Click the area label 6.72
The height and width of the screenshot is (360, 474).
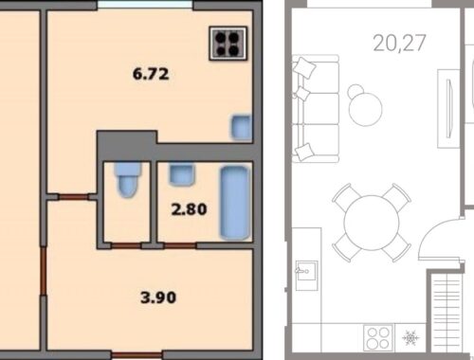(x=151, y=75)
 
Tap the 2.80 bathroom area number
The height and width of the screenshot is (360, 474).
(x=189, y=209)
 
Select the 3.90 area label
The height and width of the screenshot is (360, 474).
(x=158, y=297)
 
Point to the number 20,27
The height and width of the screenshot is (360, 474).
(x=399, y=43)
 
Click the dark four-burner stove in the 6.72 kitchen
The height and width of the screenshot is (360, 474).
(x=228, y=44)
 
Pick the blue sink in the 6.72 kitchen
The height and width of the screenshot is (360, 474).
(x=242, y=127)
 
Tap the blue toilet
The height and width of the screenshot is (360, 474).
(x=128, y=180)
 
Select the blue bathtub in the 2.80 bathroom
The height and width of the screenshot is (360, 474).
(x=235, y=203)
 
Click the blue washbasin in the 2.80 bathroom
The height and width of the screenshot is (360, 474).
(x=181, y=174)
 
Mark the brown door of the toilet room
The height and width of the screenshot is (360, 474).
(x=126, y=245)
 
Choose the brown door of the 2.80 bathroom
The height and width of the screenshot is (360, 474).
(x=180, y=245)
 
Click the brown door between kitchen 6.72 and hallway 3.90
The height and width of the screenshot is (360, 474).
(x=73, y=197)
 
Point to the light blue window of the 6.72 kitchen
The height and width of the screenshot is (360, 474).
(x=145, y=5)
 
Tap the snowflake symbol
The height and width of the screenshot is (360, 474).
(x=410, y=338)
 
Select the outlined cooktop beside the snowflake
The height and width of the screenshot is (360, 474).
(x=378, y=338)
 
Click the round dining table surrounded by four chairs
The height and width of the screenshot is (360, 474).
(x=372, y=223)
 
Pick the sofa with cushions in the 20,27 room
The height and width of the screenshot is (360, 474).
(x=316, y=109)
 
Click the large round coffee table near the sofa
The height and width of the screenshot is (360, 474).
(x=366, y=109)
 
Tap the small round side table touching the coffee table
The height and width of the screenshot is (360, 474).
(x=355, y=91)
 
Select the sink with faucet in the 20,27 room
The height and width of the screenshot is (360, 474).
(x=306, y=276)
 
